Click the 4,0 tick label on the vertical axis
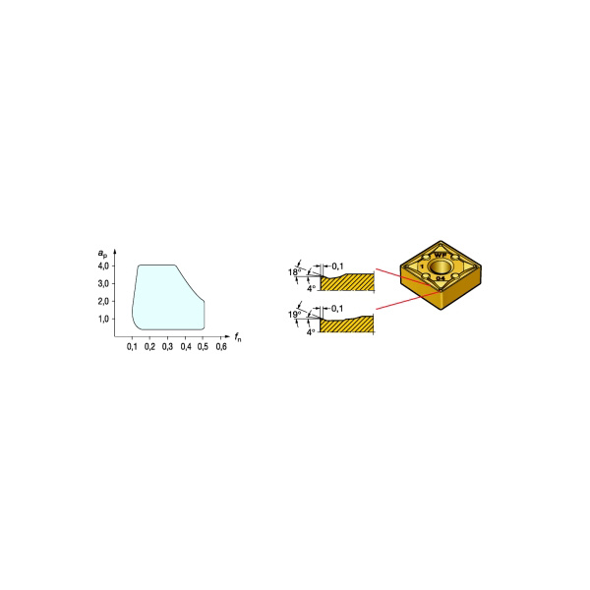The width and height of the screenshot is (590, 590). pyautogui.click(x=103, y=266)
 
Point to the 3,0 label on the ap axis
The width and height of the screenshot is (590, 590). pyautogui.click(x=103, y=284)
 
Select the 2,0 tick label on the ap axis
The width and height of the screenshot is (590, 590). pyautogui.click(x=103, y=302)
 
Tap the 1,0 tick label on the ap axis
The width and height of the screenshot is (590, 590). pyautogui.click(x=103, y=319)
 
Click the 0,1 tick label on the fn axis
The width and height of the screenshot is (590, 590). pyautogui.click(x=132, y=347)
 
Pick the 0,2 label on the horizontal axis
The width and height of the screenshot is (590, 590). pyautogui.click(x=149, y=347)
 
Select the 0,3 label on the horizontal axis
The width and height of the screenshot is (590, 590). pyautogui.click(x=167, y=347)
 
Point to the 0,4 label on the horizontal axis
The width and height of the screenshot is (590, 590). pyautogui.click(x=186, y=347)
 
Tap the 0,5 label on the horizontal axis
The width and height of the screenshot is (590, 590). pyautogui.click(x=203, y=347)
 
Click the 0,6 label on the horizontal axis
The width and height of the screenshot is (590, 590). pyautogui.click(x=221, y=347)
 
